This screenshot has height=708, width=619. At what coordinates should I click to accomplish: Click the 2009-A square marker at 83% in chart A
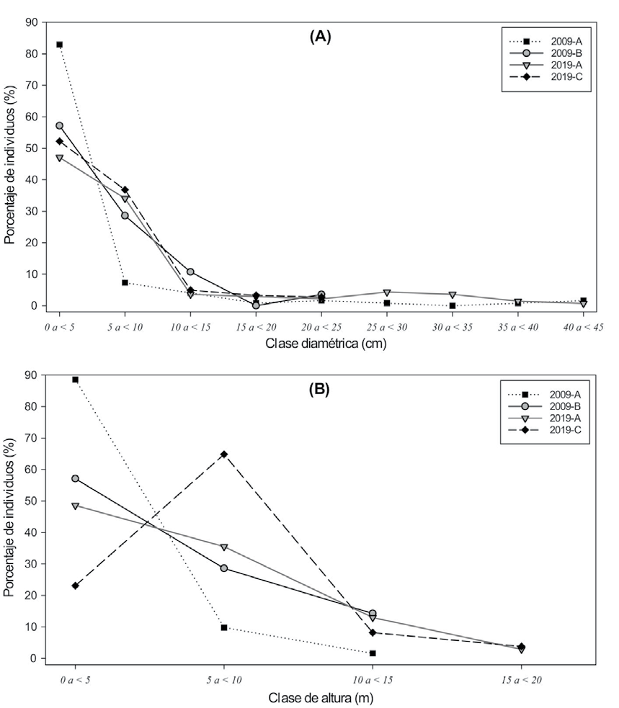tap(59, 45)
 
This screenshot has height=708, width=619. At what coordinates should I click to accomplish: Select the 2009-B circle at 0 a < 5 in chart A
tap(59, 126)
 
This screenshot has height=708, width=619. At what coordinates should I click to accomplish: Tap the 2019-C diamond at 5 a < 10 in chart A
tap(125, 189)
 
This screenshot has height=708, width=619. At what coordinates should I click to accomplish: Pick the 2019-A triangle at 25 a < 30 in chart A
tap(387, 292)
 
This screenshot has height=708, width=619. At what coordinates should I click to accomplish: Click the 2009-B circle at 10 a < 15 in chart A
tap(190, 272)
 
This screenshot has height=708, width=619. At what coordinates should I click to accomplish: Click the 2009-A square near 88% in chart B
tap(75, 380)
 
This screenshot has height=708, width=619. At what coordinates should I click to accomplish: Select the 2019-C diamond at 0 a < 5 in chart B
tap(75, 586)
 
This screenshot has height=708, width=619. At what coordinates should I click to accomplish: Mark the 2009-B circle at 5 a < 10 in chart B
tap(224, 568)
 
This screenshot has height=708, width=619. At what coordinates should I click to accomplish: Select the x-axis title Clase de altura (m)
tap(321, 696)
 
